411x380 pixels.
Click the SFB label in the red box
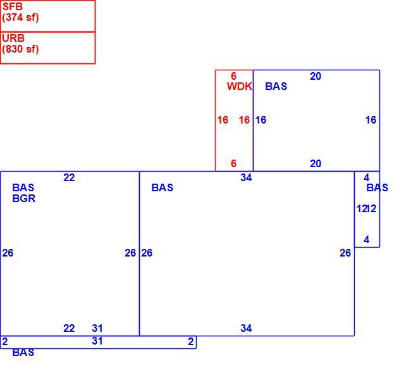[x=13, y=6]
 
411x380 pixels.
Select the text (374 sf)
[x=20, y=18]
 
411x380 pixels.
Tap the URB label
[x=13, y=38]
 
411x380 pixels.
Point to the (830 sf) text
[x=20, y=49]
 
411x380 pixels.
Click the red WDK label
[x=240, y=86]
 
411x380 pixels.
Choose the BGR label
[x=24, y=198]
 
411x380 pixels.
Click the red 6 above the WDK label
[x=233, y=76]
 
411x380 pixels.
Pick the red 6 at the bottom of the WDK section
[x=233, y=163]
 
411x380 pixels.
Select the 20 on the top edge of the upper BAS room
[x=316, y=76]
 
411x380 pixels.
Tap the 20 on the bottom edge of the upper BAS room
[x=316, y=163]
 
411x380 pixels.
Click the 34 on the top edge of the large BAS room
[x=246, y=177]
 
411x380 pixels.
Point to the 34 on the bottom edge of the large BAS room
[x=246, y=328]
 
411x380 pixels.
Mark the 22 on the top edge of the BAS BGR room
[x=69, y=177]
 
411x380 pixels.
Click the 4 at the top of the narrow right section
[x=367, y=177]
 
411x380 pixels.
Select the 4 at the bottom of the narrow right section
[x=367, y=239]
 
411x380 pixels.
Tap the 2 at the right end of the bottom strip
[x=191, y=341]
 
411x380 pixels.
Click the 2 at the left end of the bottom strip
[x=5, y=341]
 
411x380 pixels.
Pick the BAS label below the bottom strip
[x=23, y=352]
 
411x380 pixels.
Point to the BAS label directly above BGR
[x=23, y=187]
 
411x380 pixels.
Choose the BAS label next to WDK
[x=276, y=86]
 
